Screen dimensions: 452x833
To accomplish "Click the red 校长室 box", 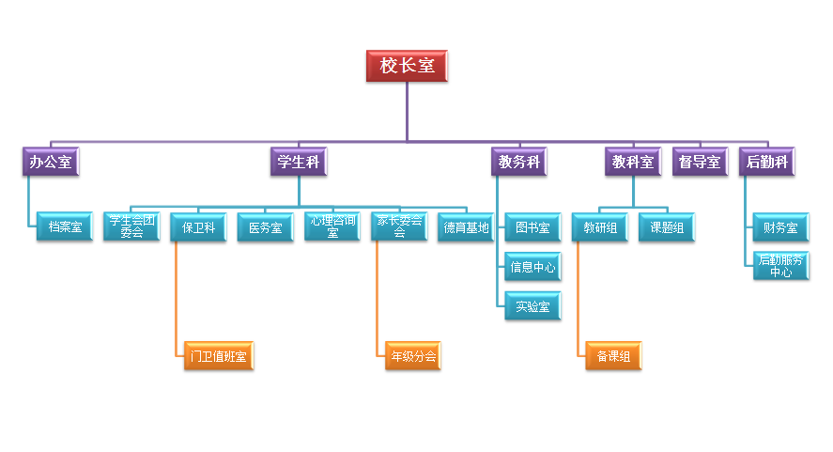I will [x=407, y=66].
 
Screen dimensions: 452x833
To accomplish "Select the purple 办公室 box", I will [x=51, y=162].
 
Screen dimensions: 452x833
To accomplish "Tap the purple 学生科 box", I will [x=299, y=162].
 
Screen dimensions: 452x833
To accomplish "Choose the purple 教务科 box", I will [x=518, y=162].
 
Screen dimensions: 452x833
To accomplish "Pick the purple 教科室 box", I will [x=632, y=162].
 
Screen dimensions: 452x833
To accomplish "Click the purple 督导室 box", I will [x=700, y=162].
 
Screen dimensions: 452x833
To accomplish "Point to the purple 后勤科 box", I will [x=766, y=162].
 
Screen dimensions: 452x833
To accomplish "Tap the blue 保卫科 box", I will [x=199, y=227].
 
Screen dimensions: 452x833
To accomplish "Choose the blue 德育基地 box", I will [x=466, y=227].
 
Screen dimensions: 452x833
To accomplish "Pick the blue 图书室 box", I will [x=532, y=227].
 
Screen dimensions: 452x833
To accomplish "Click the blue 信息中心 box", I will [x=532, y=267].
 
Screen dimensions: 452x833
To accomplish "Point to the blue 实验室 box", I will [x=532, y=306].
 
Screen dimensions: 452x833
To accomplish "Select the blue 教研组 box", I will [x=600, y=227].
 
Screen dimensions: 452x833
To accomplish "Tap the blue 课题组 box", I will [x=667, y=227].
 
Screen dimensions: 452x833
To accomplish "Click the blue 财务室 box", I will [x=780, y=227].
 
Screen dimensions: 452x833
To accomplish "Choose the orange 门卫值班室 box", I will [x=218, y=356].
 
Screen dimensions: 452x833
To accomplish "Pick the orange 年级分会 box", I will [x=412, y=356].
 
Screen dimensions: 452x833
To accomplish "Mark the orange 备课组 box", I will [x=613, y=356].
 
